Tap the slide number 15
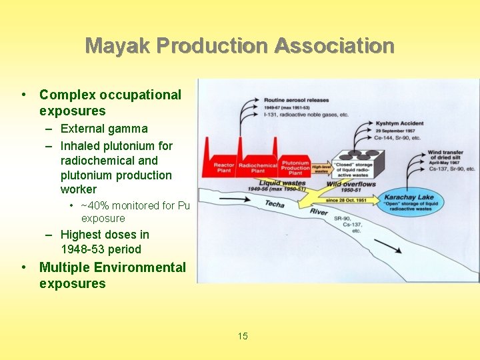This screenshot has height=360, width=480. (243, 336)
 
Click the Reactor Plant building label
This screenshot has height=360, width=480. (223, 167)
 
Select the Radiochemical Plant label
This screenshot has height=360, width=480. (257, 167)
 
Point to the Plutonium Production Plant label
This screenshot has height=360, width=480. (295, 167)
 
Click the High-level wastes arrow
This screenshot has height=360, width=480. (321, 169)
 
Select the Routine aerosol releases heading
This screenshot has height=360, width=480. (297, 100)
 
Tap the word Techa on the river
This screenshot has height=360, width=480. (275, 205)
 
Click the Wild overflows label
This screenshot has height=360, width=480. (351, 184)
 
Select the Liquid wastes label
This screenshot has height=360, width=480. (283, 183)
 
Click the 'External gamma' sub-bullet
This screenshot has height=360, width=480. (104, 129)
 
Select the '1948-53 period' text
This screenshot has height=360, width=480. (101, 249)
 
